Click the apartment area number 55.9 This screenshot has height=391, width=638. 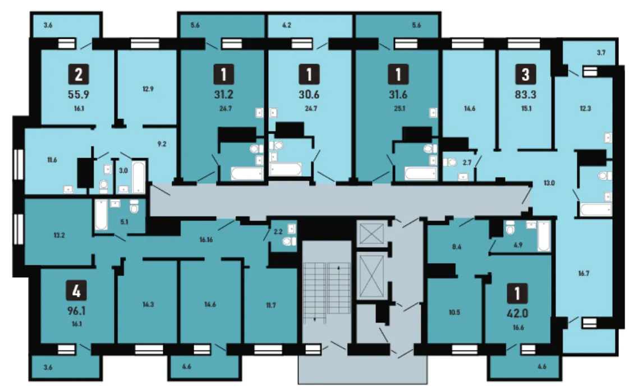click(x=79, y=95)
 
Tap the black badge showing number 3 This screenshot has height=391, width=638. click(x=525, y=74)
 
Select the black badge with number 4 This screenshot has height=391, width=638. click(x=76, y=291)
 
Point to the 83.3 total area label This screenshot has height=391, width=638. click(x=525, y=95)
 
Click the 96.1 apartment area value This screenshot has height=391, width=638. click(x=76, y=311)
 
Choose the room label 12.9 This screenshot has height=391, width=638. click(x=148, y=89)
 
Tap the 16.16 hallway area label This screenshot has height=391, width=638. click(x=206, y=240)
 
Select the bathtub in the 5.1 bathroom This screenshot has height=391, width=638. click(x=102, y=214)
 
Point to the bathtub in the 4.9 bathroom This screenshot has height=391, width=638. click(x=544, y=236)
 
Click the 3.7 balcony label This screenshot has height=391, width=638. click(x=601, y=53)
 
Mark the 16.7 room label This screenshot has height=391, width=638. click(x=584, y=273)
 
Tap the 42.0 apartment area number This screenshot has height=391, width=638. click(x=517, y=313)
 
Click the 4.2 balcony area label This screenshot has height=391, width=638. click(x=286, y=25)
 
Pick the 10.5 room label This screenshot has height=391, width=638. click(x=454, y=312)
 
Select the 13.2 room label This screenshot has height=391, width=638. click(x=59, y=235)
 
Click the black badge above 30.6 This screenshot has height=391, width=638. click(x=309, y=74)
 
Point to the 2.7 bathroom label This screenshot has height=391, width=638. click(x=467, y=162)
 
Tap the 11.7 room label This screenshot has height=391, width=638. click(x=270, y=305)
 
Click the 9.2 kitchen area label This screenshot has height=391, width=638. click(x=162, y=144)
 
